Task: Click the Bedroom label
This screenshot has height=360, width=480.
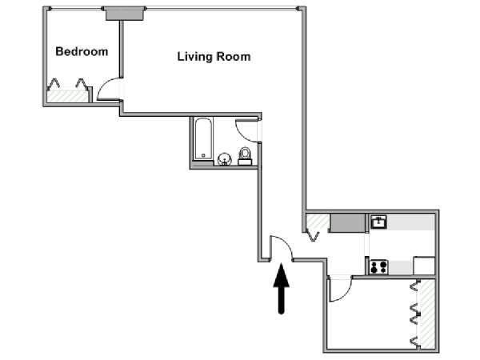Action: coord(82,51)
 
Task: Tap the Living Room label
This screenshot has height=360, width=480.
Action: coord(214,57)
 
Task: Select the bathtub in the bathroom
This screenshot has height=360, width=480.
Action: coord(203,138)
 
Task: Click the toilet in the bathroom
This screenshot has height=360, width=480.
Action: coord(245,156)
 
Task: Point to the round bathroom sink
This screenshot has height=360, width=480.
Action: coord(224,159)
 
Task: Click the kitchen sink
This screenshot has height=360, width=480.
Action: coord(378,222)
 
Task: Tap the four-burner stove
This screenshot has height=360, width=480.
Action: coord(379,267)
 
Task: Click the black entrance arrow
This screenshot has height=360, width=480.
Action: coord(282,289)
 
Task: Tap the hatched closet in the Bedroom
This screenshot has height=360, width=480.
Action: coord(67,96)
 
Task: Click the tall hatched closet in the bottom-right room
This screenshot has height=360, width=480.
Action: coord(428,314)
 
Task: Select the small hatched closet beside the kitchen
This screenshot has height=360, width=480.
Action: coord(318,223)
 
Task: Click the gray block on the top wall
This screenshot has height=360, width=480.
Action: coord(125,14)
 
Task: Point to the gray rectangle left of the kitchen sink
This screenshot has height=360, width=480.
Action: coord(347,223)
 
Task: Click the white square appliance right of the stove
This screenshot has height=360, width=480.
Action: coord(424,266)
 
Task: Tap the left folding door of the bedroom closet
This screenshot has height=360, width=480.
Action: coord(54,84)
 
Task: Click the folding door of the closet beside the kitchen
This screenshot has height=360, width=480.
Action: coord(313,236)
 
